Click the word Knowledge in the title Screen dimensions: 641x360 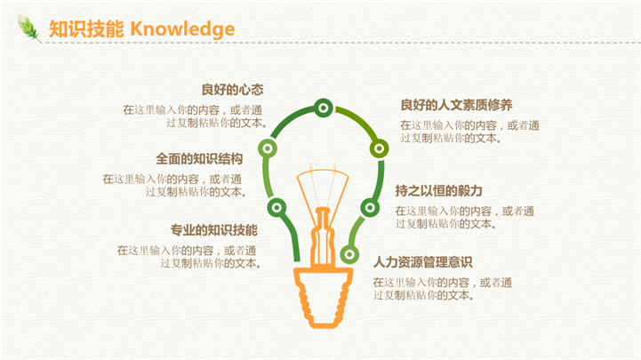point(182,29)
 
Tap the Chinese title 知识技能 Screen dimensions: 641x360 point(86,29)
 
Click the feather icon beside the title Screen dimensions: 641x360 point(29,28)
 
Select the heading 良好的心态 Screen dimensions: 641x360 point(232,90)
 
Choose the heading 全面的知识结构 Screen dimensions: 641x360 point(199,158)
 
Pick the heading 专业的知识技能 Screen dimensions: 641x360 point(213,230)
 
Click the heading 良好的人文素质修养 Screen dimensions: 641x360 point(456,105)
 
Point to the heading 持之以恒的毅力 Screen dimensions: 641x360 point(438,191)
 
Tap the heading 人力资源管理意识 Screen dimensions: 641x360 point(422,262)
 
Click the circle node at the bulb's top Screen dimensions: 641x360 point(324,108)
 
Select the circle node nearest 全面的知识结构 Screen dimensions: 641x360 point(268,148)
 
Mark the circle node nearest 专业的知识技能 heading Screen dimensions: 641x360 point(276,208)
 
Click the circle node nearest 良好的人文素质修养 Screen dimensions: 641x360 point(379,148)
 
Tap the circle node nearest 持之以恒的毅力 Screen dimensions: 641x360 point(370,208)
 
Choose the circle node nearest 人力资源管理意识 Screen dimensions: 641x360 point(349,255)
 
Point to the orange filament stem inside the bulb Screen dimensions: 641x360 point(323,238)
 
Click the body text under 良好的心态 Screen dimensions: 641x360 point(193,116)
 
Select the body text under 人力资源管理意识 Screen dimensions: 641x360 point(443,289)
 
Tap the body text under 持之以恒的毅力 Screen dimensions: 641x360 point(465,218)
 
